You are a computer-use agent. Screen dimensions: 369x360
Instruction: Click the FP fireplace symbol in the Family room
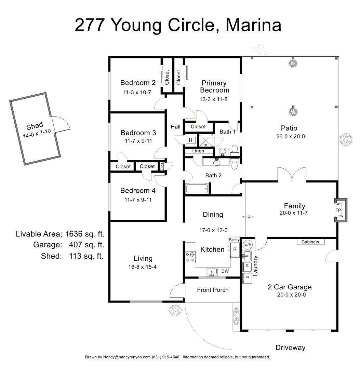click(338, 210)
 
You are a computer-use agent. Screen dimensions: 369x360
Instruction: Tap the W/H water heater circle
click(247, 245)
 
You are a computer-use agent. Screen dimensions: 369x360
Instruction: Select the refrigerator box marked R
click(235, 249)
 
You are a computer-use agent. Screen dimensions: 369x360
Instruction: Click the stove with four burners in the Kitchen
click(189, 257)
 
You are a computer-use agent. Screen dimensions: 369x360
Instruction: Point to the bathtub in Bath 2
click(197, 188)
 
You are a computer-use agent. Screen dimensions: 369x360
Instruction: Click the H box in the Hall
click(191, 140)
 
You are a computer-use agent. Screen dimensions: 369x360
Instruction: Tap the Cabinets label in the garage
click(310, 242)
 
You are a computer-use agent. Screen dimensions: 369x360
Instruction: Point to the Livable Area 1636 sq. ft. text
click(60, 234)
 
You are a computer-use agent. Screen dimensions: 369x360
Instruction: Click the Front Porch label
click(213, 290)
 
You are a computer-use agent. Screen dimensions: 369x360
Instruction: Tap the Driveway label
click(290, 347)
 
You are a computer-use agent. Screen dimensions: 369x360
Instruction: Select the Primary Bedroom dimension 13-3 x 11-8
click(214, 99)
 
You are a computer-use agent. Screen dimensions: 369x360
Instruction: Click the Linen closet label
click(198, 151)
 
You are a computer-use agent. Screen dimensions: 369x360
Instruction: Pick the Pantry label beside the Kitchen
click(234, 240)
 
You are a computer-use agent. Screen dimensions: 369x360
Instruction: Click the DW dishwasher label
click(225, 271)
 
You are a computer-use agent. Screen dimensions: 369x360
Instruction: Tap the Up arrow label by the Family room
click(250, 217)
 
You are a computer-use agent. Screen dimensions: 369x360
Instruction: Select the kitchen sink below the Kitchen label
click(212, 272)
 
